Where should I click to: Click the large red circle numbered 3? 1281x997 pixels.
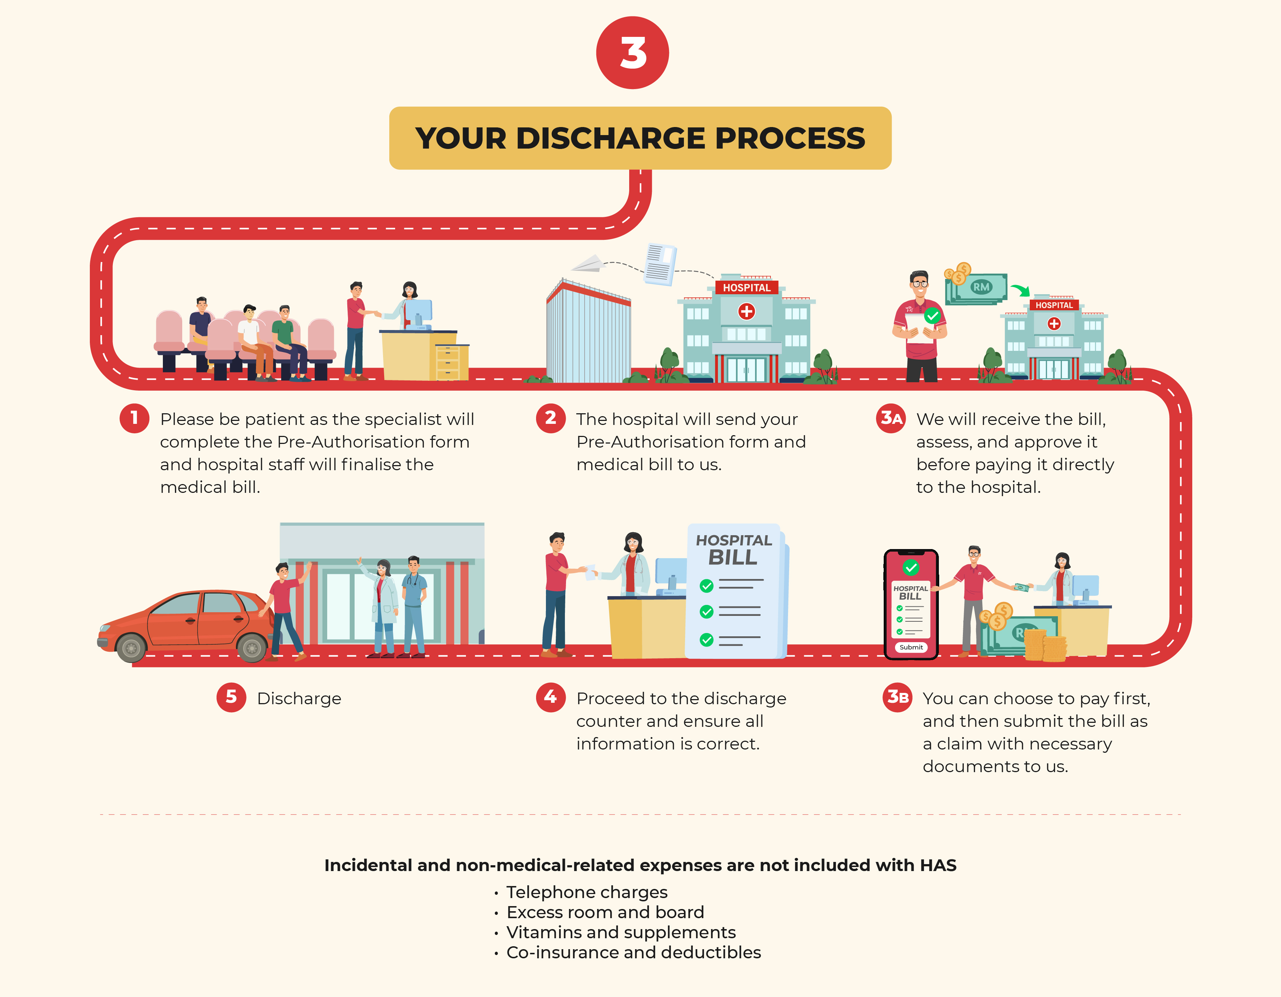[632, 53]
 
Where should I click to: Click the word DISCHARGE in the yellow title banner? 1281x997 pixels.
[611, 138]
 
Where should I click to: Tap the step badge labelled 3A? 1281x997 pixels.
[891, 418]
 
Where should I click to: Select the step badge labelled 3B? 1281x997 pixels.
[898, 697]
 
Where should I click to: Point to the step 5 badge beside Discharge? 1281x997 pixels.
[231, 697]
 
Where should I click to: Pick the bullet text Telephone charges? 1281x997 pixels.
[586, 892]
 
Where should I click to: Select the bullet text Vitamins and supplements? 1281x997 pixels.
[620, 932]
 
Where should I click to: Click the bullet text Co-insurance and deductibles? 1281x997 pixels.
[634, 952]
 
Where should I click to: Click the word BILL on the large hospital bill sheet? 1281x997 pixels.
[733, 557]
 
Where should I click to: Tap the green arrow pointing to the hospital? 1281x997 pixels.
[1021, 290]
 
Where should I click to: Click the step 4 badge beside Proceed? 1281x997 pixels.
[550, 697]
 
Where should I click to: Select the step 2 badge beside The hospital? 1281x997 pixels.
[550, 418]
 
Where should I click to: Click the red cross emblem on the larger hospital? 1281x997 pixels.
[746, 311]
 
